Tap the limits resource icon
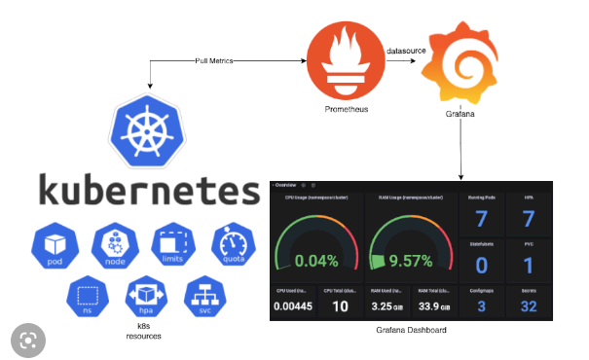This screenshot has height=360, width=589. [x=171, y=248]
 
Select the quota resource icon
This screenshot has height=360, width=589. [x=232, y=248]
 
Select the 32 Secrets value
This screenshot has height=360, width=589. [x=527, y=306]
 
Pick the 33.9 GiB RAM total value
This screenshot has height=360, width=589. [x=434, y=306]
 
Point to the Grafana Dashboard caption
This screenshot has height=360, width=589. [x=418, y=331]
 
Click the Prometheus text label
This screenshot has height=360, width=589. [x=347, y=108]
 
